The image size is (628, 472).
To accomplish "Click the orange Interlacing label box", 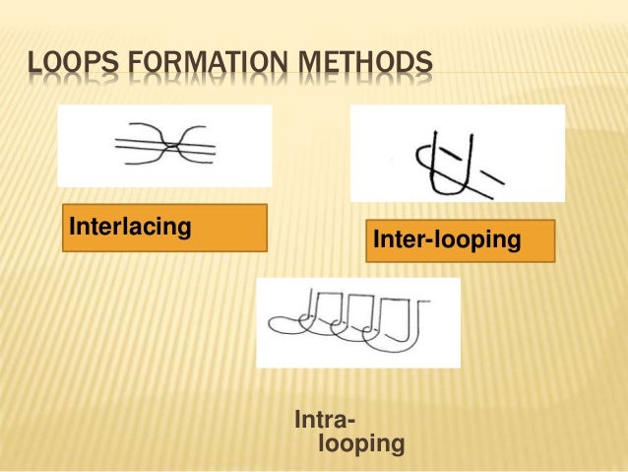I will point(164,228).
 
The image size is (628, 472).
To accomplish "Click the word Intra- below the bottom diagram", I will point(326,422).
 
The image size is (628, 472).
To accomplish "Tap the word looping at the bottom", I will point(361,444).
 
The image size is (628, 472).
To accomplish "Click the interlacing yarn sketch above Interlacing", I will point(164,146).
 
